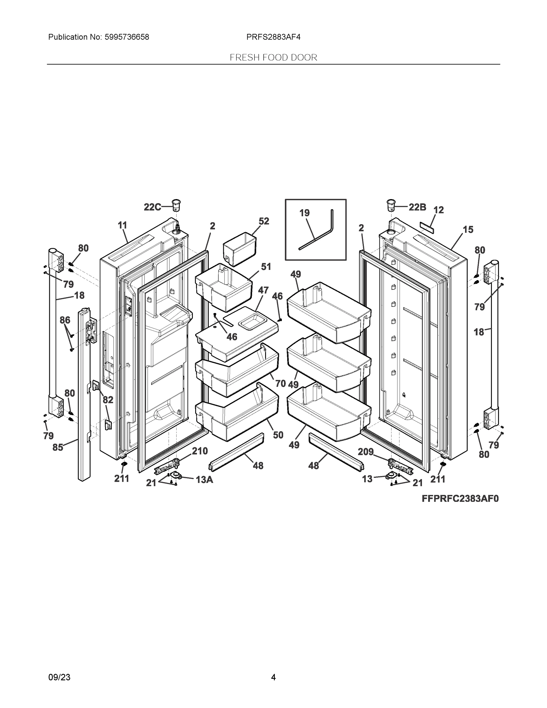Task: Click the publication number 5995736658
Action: click(x=127, y=37)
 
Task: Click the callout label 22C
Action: click(x=152, y=207)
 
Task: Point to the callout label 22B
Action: click(x=417, y=207)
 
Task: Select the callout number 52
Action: click(x=264, y=221)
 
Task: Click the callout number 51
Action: click(x=266, y=267)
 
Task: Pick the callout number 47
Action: click(x=263, y=290)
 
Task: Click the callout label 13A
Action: click(x=204, y=480)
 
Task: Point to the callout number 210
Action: click(x=200, y=451)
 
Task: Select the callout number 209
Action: click(x=366, y=452)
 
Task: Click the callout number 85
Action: click(x=58, y=448)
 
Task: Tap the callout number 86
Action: click(x=65, y=320)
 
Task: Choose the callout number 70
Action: click(x=280, y=383)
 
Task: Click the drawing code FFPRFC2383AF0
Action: click(x=460, y=499)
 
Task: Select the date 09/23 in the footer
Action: click(x=59, y=677)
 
